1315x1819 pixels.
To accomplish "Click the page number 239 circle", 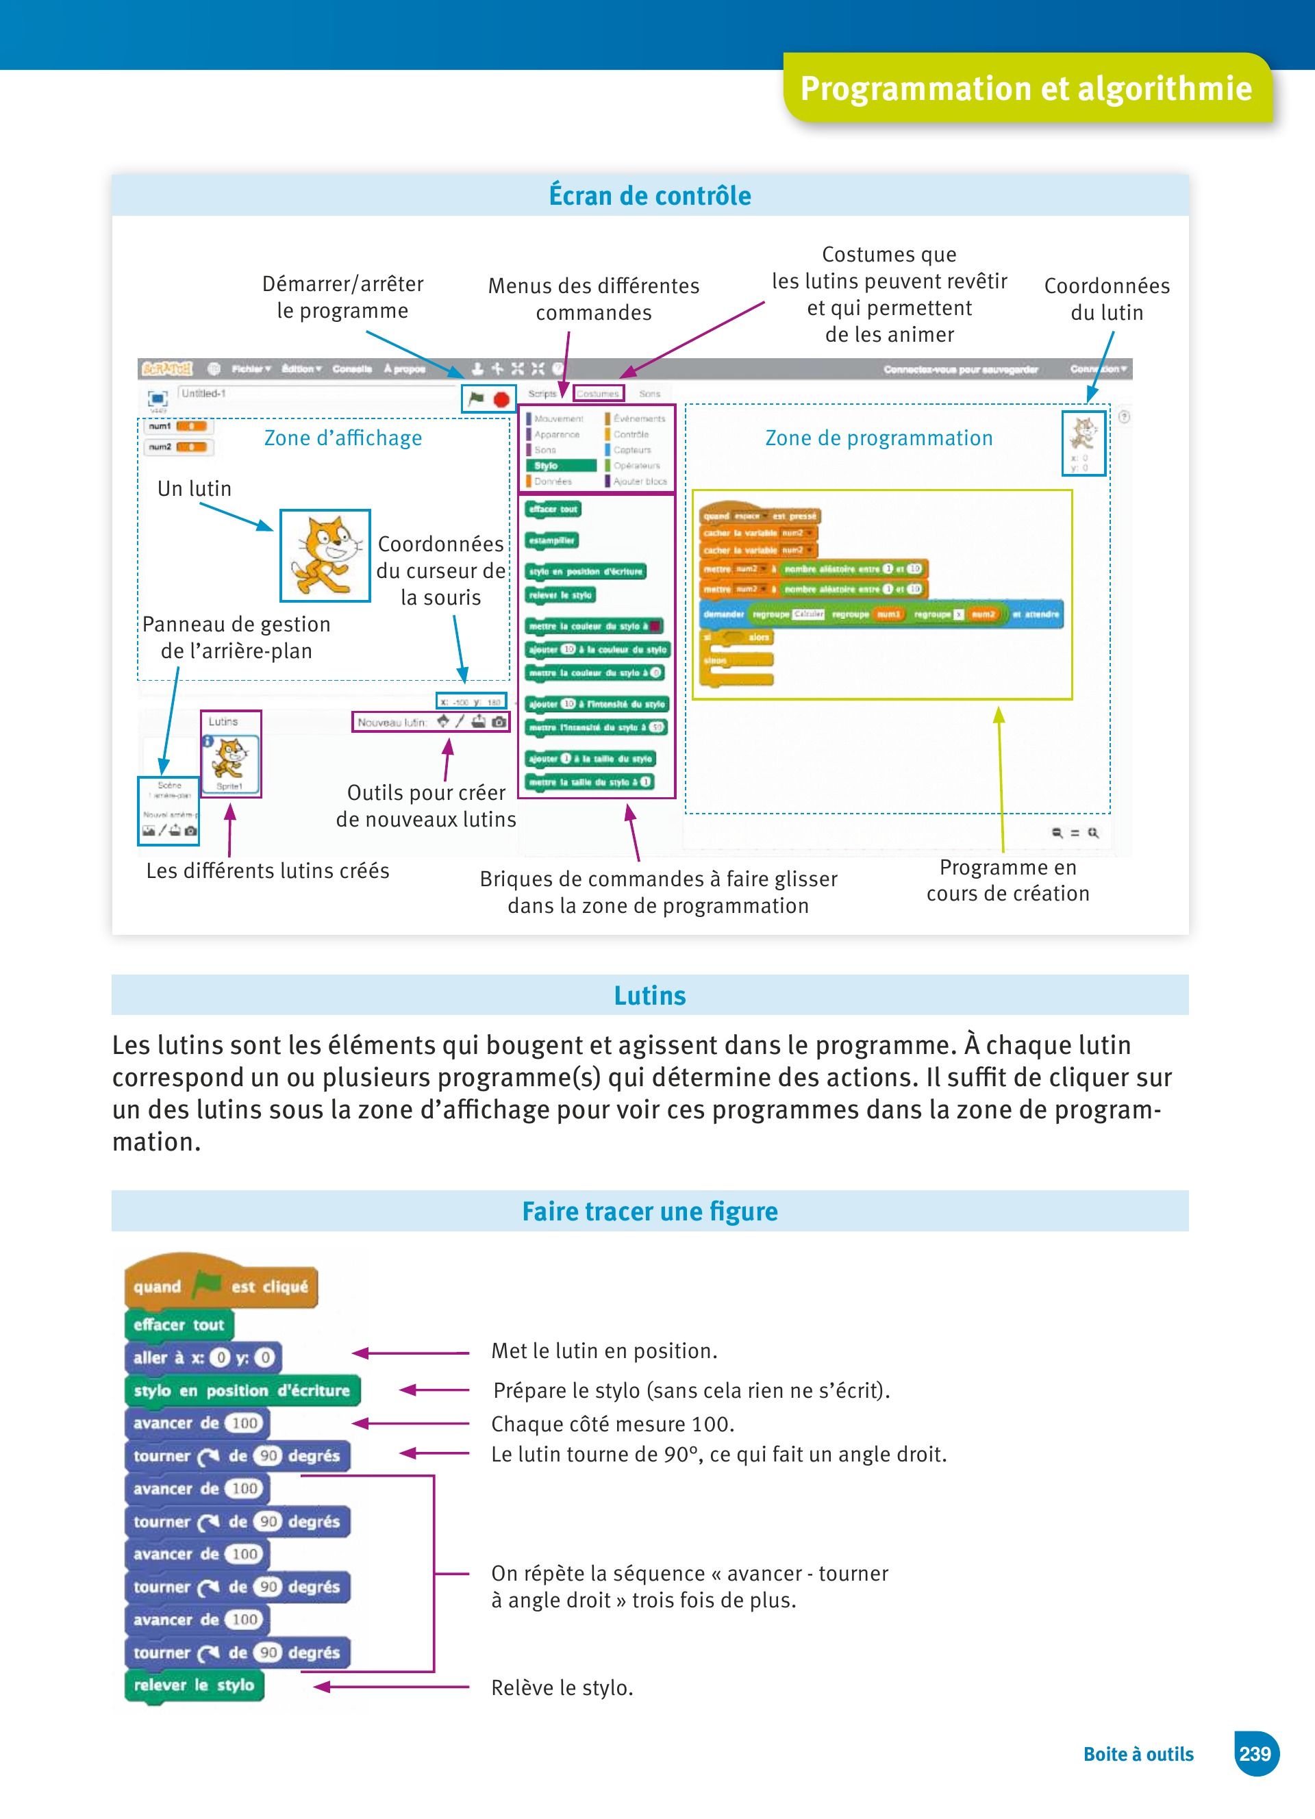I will [x=1255, y=1753].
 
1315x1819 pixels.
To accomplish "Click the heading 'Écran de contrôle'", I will [x=649, y=196].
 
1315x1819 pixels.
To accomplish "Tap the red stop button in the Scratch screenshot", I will [x=502, y=399].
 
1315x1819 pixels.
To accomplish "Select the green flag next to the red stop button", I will [x=476, y=398].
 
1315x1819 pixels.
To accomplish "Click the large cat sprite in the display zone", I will [x=325, y=555].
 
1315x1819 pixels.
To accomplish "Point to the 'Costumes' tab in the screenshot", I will [x=598, y=394].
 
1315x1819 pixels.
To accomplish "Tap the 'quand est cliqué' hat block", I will [x=221, y=1286].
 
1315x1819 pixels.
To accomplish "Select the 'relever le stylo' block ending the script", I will [x=194, y=1685].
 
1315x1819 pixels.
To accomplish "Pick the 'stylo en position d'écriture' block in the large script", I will [x=241, y=1391].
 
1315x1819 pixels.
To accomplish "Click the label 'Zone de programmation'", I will [x=879, y=438].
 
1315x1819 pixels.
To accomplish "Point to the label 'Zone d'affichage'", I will [x=343, y=438].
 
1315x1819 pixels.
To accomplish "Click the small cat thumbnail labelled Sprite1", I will [x=231, y=759].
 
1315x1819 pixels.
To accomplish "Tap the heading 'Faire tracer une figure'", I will [x=649, y=1211].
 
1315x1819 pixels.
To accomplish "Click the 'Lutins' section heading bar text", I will [x=649, y=995].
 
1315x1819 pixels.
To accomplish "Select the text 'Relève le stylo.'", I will [x=562, y=1688].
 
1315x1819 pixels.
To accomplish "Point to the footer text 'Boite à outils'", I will [x=1138, y=1754].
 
